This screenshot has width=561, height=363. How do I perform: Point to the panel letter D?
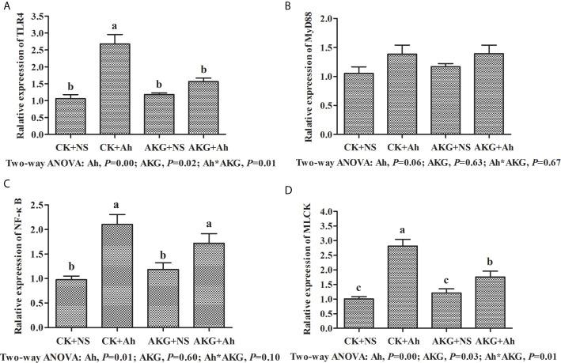(294, 191)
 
